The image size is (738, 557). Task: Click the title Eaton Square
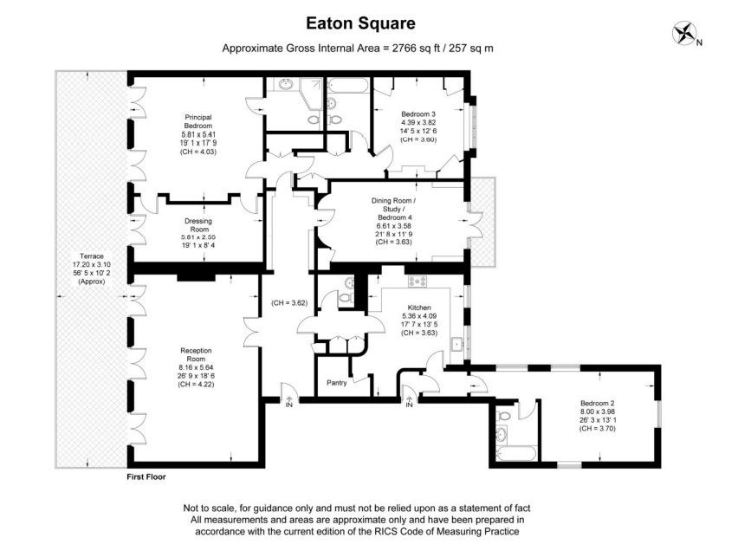(360, 23)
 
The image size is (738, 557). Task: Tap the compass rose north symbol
(685, 33)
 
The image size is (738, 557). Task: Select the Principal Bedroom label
(198, 121)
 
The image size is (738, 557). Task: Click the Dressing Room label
(198, 225)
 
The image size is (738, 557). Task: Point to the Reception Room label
(197, 354)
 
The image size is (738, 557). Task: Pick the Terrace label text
(92, 256)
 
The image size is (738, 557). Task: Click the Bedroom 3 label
(418, 114)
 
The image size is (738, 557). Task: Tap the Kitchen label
(419, 308)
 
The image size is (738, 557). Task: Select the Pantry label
(337, 383)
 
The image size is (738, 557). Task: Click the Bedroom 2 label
(598, 403)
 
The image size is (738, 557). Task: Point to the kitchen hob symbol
(418, 282)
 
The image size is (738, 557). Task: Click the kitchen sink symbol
(456, 345)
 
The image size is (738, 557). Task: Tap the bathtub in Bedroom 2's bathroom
(516, 455)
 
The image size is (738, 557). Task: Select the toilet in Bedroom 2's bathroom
(504, 416)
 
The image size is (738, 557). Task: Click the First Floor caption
(146, 476)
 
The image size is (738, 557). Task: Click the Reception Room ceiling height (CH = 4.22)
(197, 385)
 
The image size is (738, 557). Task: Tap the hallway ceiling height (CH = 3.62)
(289, 303)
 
